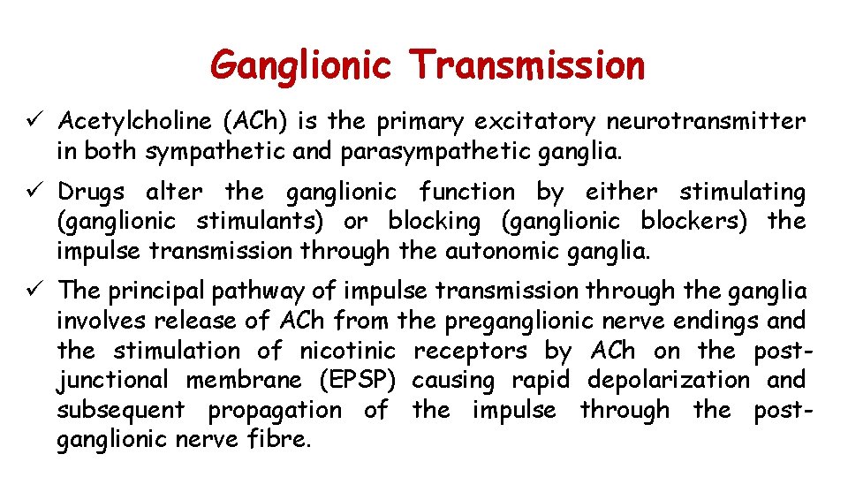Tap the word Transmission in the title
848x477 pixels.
527,64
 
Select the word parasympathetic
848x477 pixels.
412,151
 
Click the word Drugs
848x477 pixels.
91,191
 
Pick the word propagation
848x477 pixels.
275,411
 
